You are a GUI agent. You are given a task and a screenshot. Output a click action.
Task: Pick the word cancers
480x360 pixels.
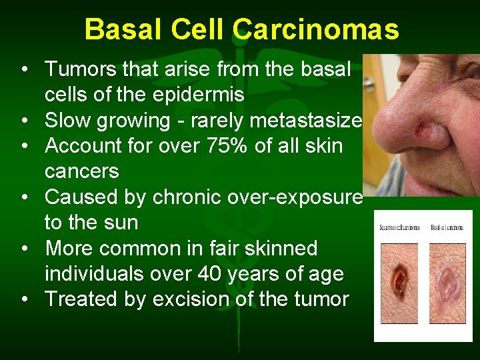point(81,171)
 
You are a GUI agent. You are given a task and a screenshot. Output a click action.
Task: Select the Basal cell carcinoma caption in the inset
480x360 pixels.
point(447,228)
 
